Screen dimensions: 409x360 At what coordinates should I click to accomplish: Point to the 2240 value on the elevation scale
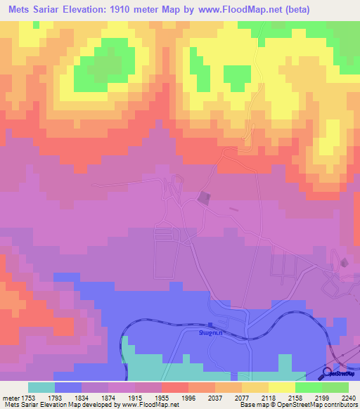coord(349,396)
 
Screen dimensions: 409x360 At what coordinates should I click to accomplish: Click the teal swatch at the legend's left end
coord(41,387)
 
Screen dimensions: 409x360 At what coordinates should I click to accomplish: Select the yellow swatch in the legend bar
coord(282,387)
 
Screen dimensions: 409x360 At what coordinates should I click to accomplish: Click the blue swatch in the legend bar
coord(68,387)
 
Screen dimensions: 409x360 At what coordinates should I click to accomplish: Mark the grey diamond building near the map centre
coord(204,198)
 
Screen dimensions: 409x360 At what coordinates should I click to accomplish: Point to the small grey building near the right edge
coord(344,262)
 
